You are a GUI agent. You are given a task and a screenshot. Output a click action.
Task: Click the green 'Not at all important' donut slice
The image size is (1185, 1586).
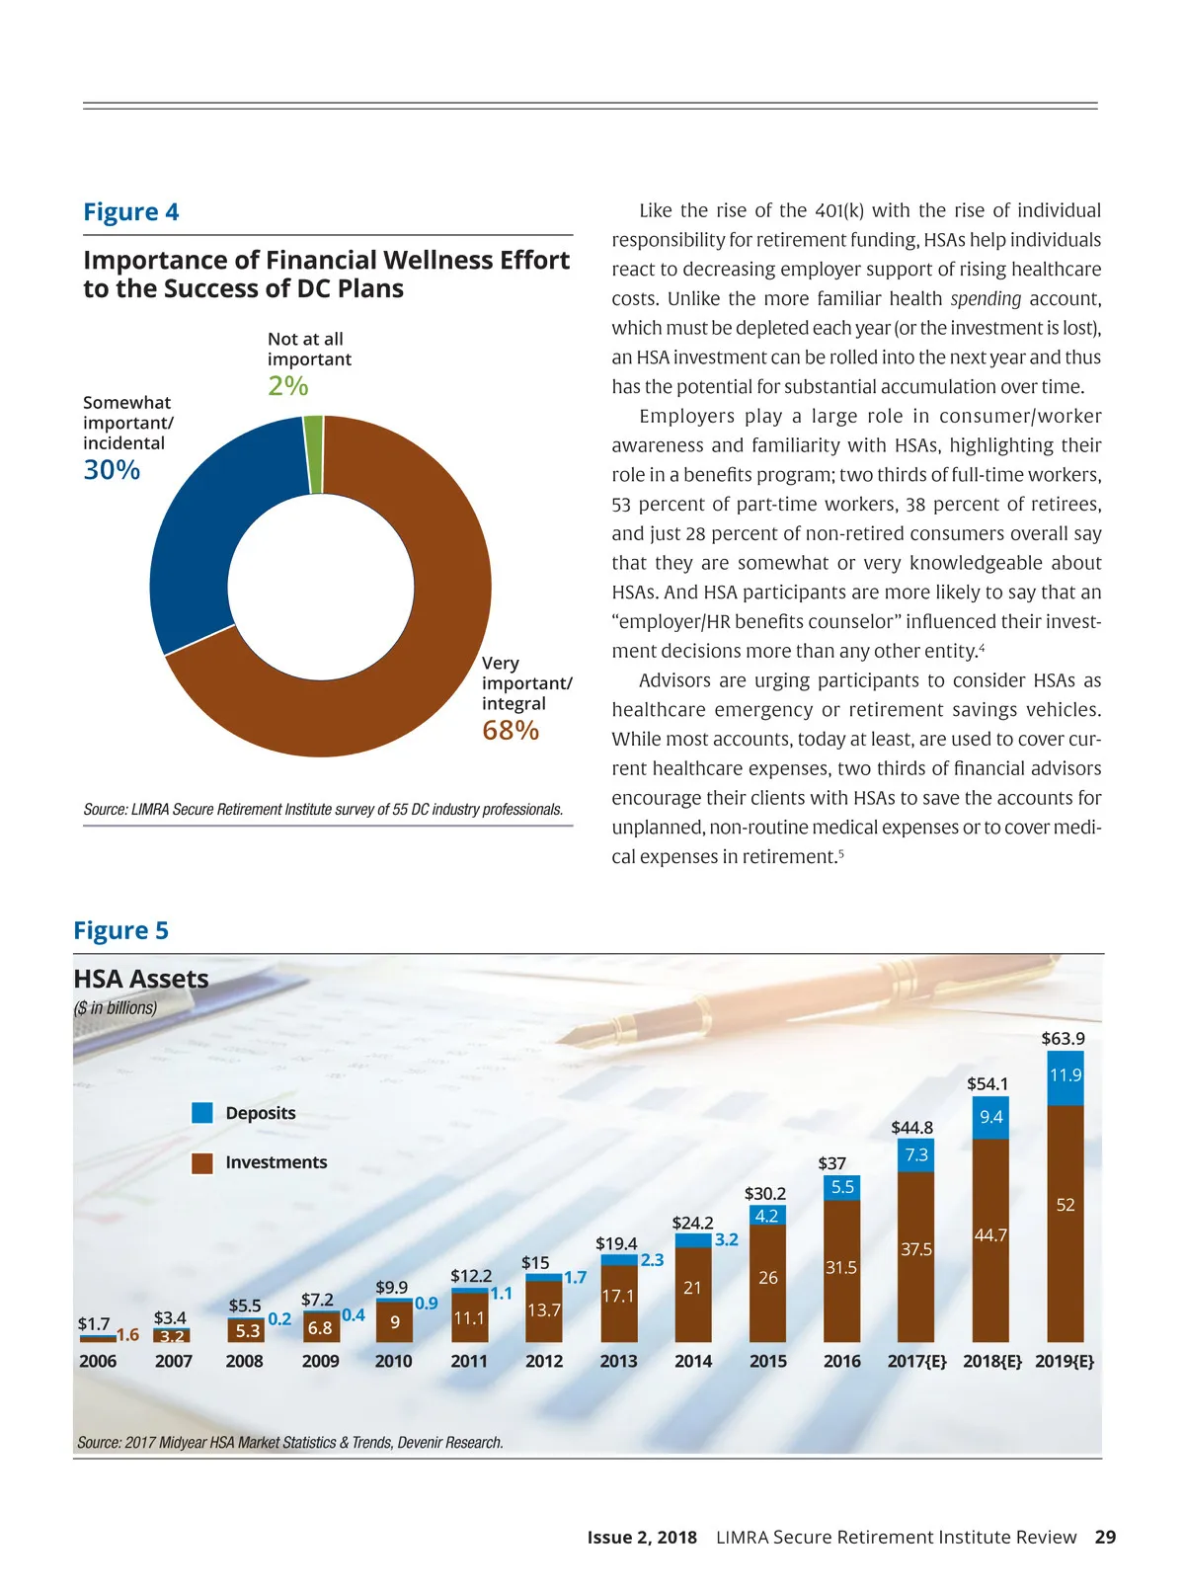coord(313,454)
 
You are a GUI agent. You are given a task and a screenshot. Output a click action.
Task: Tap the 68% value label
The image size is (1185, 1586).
coord(511,731)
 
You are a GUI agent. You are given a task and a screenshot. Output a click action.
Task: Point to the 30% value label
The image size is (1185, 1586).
coord(112,470)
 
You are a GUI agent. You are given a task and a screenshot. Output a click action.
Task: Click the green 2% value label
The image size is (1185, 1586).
coord(288,385)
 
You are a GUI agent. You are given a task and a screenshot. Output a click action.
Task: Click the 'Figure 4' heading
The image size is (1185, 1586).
coord(131,212)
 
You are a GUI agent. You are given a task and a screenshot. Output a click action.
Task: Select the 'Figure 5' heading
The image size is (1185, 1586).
coord(121,931)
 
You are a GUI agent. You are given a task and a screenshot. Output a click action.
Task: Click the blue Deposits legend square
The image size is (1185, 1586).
coord(202,1113)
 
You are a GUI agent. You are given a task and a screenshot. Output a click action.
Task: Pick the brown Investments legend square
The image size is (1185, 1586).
coord(202,1163)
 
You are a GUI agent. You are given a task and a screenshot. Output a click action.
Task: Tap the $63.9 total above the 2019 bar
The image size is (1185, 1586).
coord(1063,1039)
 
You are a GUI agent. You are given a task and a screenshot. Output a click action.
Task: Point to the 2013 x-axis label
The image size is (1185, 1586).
coord(618,1361)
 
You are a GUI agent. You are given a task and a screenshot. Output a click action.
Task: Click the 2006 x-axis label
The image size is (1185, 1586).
coord(98,1361)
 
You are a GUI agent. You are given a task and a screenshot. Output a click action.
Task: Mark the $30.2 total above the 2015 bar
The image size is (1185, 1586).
coord(765,1194)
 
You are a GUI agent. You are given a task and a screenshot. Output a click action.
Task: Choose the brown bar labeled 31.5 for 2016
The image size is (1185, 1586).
coord(841,1269)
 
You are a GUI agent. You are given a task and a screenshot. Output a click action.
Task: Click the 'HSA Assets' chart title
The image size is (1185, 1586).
coord(141,979)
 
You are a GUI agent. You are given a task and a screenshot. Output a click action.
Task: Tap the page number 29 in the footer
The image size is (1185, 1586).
coord(1106,1538)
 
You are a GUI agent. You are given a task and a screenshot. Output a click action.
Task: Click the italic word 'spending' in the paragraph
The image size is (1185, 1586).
coord(986,298)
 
